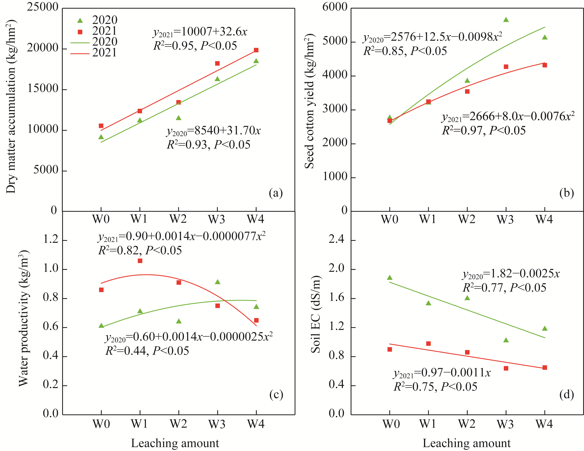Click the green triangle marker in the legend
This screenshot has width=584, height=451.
[80, 21]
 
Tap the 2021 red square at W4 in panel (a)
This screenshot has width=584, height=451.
[256, 50]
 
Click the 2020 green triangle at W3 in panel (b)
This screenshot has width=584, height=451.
[506, 20]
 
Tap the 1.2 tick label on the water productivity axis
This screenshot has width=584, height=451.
[51, 240]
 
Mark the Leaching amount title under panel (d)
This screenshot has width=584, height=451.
[466, 443]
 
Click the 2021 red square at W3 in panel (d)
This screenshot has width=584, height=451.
[506, 368]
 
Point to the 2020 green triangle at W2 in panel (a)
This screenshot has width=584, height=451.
[179, 118]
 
